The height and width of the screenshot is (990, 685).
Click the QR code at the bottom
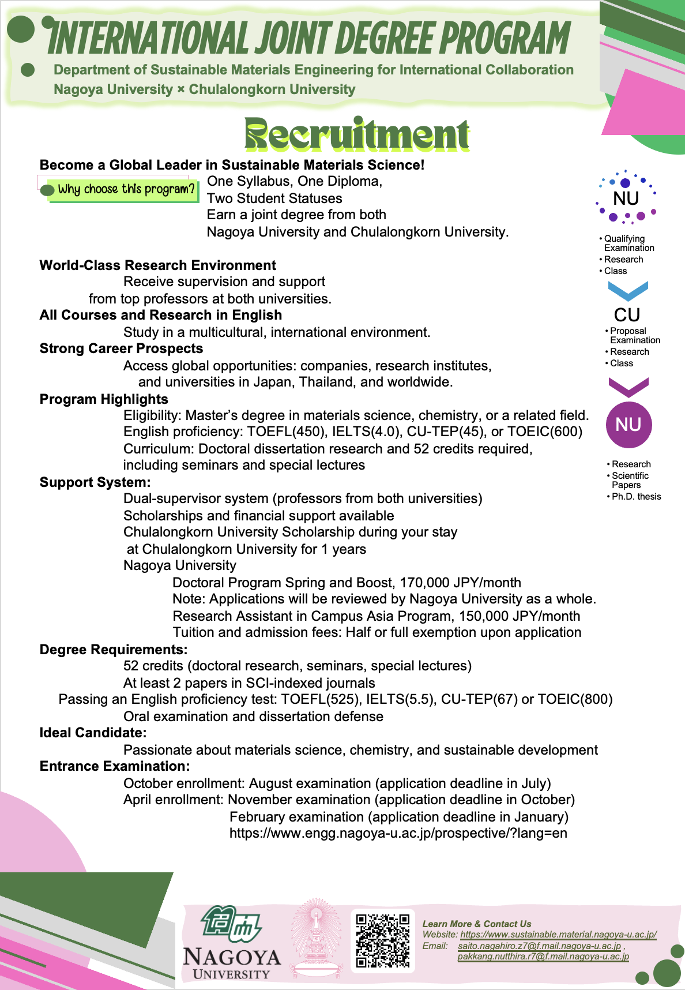[x=382, y=940]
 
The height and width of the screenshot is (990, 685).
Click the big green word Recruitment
[x=357, y=134]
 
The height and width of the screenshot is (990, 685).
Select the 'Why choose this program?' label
[x=126, y=189]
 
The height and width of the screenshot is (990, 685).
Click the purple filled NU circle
[x=628, y=425]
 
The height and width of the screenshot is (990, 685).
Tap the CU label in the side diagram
[x=627, y=315]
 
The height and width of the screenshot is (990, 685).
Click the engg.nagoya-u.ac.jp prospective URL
[x=398, y=833]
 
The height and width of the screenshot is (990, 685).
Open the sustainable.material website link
[x=558, y=934]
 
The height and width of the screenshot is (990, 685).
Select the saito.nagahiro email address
[x=539, y=946]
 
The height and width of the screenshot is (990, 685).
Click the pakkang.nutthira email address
[x=543, y=957]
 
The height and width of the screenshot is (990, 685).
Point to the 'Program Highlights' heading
[x=104, y=399]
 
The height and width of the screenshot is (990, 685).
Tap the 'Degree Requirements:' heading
[x=114, y=650]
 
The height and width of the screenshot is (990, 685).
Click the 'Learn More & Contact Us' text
[x=477, y=924]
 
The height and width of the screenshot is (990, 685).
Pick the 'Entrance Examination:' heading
[x=115, y=766]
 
